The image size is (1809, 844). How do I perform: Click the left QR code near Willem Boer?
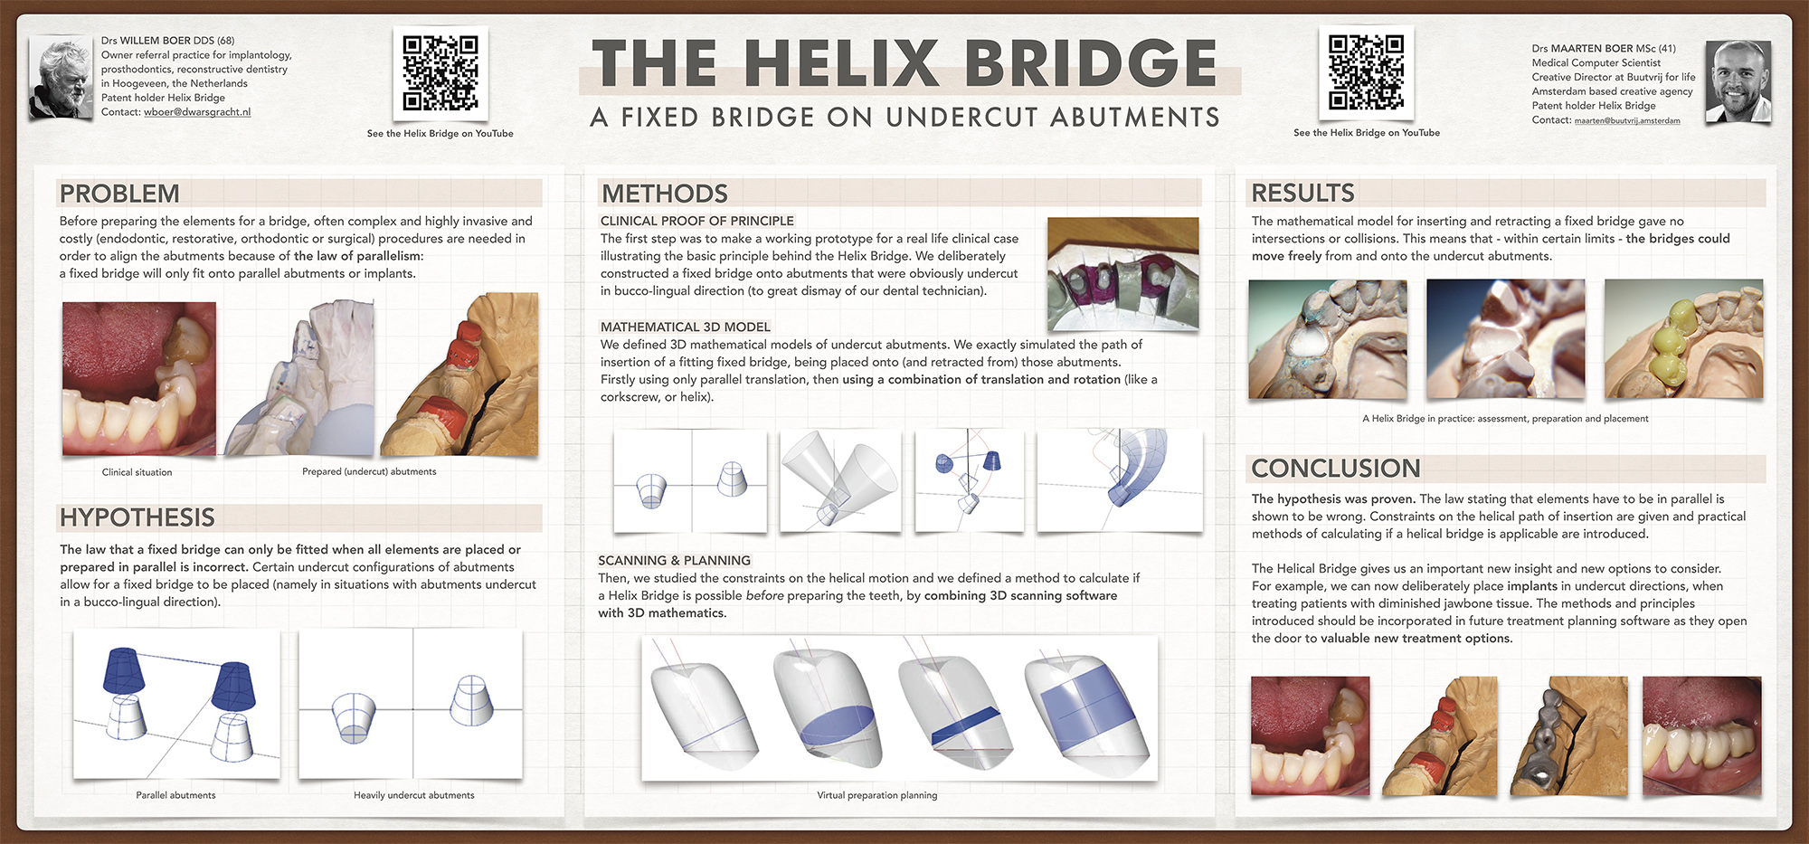tap(440, 72)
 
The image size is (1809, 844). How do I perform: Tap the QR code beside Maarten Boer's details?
tap(1366, 72)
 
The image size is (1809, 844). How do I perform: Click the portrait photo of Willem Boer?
tap(61, 79)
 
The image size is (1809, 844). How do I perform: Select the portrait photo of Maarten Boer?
tap(1738, 81)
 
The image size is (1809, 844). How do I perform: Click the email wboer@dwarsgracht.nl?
tap(197, 112)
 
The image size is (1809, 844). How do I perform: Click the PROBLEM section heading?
tap(119, 194)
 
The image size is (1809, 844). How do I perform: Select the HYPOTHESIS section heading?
tap(137, 517)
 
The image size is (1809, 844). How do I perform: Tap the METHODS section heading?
tap(665, 194)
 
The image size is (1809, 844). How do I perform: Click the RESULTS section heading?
tap(1303, 193)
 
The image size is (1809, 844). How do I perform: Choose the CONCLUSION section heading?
tap(1336, 468)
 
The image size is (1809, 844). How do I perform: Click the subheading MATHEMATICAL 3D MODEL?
tap(686, 327)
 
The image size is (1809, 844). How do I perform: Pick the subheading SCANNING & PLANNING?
tap(674, 561)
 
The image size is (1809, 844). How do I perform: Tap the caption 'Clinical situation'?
tap(137, 472)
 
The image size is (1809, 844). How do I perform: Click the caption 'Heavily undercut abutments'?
tap(414, 795)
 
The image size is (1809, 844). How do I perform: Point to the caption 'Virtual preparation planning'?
tap(877, 795)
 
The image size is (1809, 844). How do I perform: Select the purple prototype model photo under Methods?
tap(1122, 274)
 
